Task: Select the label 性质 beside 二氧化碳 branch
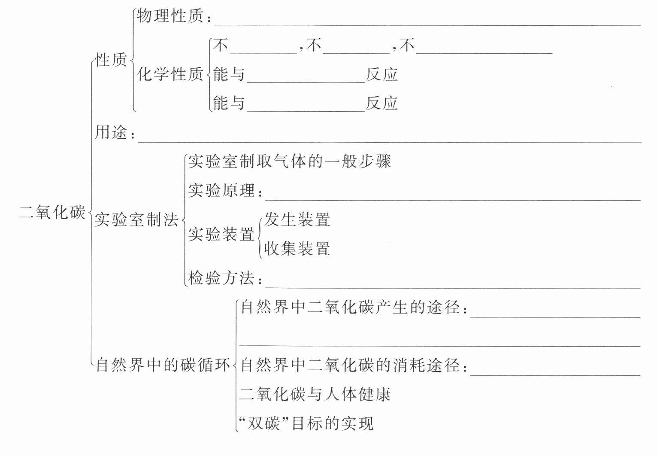pos(111,60)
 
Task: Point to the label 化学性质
pos(170,74)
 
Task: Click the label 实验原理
pos(222,190)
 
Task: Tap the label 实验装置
pos(222,235)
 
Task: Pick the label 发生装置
pos(297,219)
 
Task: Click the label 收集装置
pos(297,249)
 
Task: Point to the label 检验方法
pos(222,278)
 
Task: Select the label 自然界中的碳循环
pos(163,365)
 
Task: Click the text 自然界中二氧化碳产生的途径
pos(351,307)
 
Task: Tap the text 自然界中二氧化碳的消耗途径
pos(351,365)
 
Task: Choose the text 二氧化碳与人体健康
pos(315,394)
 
